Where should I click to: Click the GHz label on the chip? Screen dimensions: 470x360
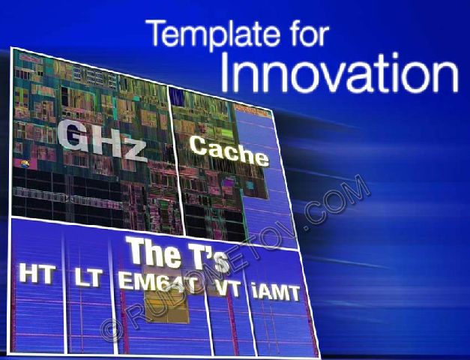pos(102,140)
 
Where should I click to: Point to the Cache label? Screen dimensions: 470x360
pos(229,151)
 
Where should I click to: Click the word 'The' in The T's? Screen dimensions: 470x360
pos(154,251)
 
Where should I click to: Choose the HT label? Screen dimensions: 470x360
pos(37,274)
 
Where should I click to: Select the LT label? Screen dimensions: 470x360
pos(88,277)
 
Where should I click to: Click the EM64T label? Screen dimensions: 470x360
pos(158,280)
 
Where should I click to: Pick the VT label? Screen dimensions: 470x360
pos(229,289)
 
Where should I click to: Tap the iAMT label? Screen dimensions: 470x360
pos(275,292)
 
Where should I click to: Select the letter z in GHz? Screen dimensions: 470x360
pos(134,151)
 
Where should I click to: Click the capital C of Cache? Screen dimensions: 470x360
pos(199,145)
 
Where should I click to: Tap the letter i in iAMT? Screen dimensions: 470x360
pos(254,291)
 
